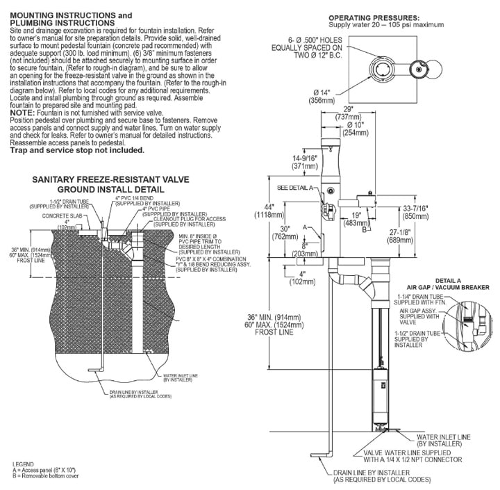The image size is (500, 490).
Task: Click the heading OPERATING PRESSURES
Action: pos(374,17)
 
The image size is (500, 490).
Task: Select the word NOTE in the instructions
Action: pos(26,112)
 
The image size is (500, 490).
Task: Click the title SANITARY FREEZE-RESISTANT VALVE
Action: pos(101,179)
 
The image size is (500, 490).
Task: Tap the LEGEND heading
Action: pos(24,463)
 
